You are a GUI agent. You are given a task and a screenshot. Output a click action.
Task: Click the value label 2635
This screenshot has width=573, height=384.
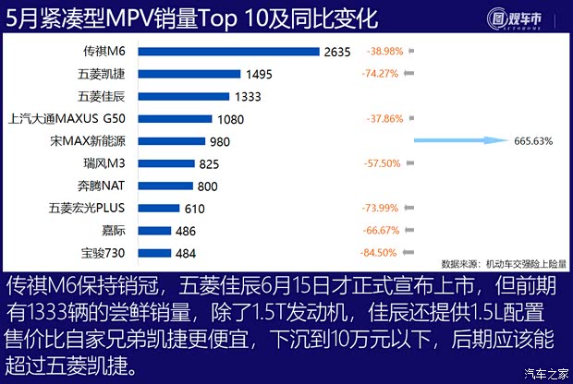point(338,52)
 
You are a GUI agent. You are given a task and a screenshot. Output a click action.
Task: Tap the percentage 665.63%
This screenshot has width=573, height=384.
point(532,140)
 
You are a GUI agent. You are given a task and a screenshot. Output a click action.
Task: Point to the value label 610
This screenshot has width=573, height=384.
point(195,208)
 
